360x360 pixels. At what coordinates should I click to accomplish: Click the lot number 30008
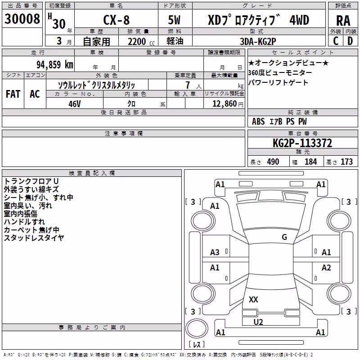(22, 18)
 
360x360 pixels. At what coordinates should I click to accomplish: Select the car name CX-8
(117, 20)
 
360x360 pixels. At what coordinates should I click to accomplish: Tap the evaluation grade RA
(343, 21)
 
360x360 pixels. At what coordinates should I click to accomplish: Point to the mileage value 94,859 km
(55, 65)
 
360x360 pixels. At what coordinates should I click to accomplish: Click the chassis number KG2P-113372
(302, 143)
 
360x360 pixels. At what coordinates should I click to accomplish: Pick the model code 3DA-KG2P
(258, 41)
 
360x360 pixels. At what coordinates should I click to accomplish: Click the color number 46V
(75, 104)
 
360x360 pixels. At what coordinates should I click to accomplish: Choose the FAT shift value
(13, 94)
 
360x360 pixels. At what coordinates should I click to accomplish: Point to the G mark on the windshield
(284, 237)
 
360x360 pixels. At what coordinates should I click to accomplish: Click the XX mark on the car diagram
(253, 299)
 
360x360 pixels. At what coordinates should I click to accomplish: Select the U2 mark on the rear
(258, 322)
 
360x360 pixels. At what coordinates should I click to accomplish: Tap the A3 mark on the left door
(215, 252)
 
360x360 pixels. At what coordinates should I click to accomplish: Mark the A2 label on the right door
(326, 267)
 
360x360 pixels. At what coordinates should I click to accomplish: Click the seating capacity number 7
(188, 85)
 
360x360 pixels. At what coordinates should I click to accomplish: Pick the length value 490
(273, 162)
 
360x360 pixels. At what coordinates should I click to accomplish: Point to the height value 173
(346, 162)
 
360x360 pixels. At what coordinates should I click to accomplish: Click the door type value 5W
(174, 20)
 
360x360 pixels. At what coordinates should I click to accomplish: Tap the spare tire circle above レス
(197, 328)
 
